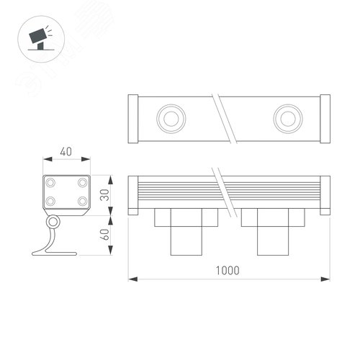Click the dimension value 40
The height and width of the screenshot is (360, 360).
coord(66,152)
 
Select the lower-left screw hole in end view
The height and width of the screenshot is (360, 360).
coord(52,202)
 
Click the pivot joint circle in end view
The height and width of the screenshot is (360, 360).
coord(54,224)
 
